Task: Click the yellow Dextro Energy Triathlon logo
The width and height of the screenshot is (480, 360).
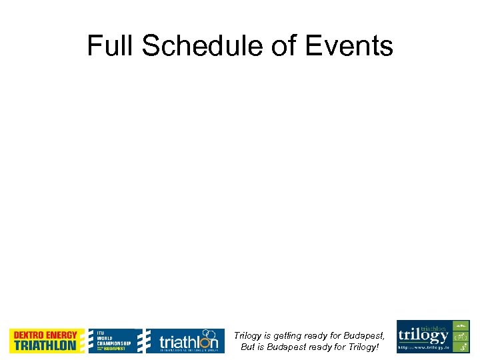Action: click(47, 340)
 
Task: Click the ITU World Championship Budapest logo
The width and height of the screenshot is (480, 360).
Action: click(115, 340)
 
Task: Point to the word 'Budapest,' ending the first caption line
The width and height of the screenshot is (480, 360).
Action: click(365, 336)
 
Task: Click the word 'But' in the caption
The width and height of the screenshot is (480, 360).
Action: click(249, 347)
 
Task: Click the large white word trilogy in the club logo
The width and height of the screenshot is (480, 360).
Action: click(423, 335)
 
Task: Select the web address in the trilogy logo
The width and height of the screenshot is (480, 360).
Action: click(424, 348)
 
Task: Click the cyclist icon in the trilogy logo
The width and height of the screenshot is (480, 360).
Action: click(461, 337)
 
